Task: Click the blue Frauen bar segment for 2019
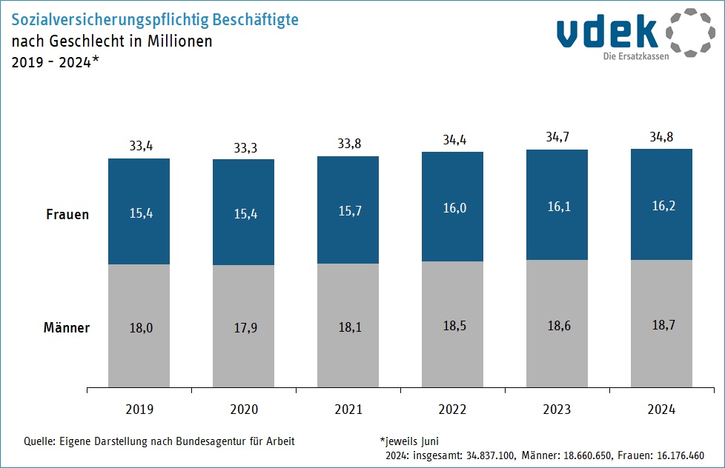pyautogui.click(x=139, y=212)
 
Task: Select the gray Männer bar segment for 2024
pyautogui.click(x=661, y=324)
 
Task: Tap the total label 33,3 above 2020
pyautogui.click(x=245, y=148)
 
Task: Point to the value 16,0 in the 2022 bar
pyautogui.click(x=454, y=208)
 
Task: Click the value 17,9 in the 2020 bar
pyautogui.click(x=245, y=327)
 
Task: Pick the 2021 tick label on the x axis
pyautogui.click(x=348, y=409)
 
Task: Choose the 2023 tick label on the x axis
pyautogui.click(x=557, y=409)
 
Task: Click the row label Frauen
pyautogui.click(x=67, y=214)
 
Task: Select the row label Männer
pyautogui.click(x=67, y=327)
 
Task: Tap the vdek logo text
pyautogui.click(x=607, y=31)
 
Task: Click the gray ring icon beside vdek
pyautogui.click(x=690, y=33)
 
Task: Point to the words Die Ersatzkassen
pyautogui.click(x=636, y=56)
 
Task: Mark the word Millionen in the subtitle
pyautogui.click(x=180, y=41)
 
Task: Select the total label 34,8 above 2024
pyautogui.click(x=661, y=137)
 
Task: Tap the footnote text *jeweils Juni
pyautogui.click(x=409, y=441)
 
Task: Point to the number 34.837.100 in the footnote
pyautogui.click(x=490, y=455)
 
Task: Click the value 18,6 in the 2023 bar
pyautogui.click(x=559, y=326)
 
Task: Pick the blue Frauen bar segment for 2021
pyautogui.click(x=348, y=210)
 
